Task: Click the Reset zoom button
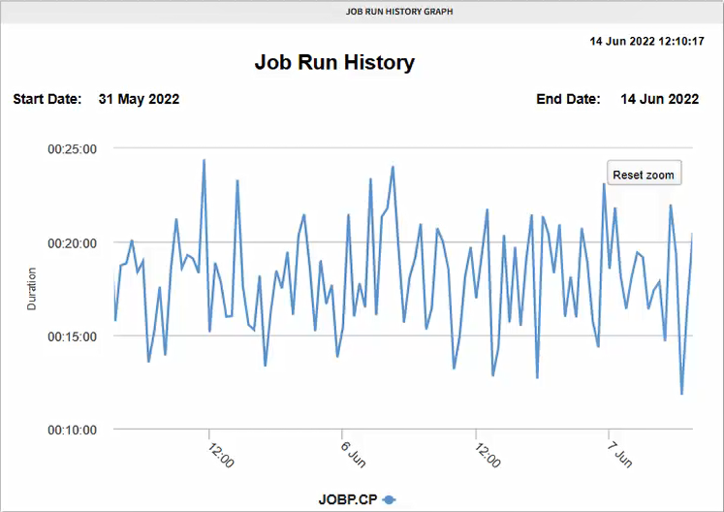[x=644, y=175]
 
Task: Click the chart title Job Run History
[x=334, y=63]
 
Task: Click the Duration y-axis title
[x=32, y=289]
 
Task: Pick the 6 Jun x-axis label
[x=354, y=455]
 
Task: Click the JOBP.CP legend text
[x=348, y=499]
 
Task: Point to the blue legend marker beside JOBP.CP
[x=390, y=499]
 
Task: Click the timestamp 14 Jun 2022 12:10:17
[x=646, y=43]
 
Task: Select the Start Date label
[x=46, y=99]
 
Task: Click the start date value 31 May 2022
[x=139, y=99]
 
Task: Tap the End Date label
[x=568, y=99]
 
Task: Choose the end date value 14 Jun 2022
[x=659, y=99]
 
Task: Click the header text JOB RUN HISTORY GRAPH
[x=399, y=12]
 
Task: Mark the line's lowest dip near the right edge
[x=682, y=394]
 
